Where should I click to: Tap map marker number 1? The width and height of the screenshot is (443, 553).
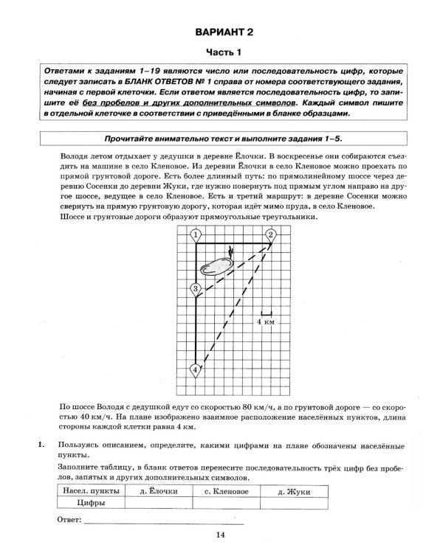(196, 235)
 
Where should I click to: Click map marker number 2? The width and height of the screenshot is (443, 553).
(271, 235)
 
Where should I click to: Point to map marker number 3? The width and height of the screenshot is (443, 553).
(196, 289)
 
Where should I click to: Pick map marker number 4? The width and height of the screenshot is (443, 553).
(196, 369)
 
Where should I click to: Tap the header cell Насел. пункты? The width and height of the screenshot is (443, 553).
(92, 491)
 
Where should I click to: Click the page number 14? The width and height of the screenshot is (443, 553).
(221, 536)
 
